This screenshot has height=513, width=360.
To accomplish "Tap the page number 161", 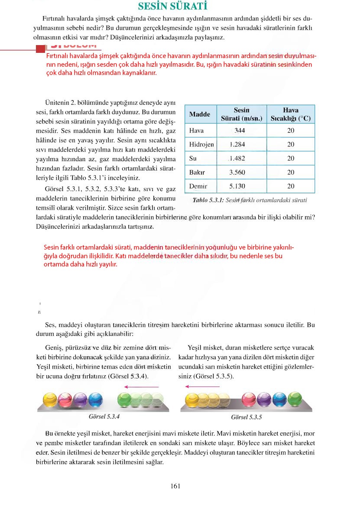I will point(175,486).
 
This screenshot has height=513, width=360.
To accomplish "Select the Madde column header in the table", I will point(200,114).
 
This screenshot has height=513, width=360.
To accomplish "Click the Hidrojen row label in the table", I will point(201,144).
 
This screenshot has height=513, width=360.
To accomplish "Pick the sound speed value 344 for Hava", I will point(239,130).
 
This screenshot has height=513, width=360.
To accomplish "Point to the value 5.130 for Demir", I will point(237,186).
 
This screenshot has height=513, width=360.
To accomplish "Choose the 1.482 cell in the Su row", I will point(237,159).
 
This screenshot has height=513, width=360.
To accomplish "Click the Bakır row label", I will point(197,172).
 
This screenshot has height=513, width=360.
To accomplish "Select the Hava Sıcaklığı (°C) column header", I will point(290,114).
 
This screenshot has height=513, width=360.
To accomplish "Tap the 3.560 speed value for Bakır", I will point(237,172).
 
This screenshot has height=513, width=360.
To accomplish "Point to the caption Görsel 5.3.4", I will point(104,417).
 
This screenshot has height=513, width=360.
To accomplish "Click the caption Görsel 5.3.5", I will point(246,418).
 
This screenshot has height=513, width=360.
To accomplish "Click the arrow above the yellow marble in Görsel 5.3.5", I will point(200,386).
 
